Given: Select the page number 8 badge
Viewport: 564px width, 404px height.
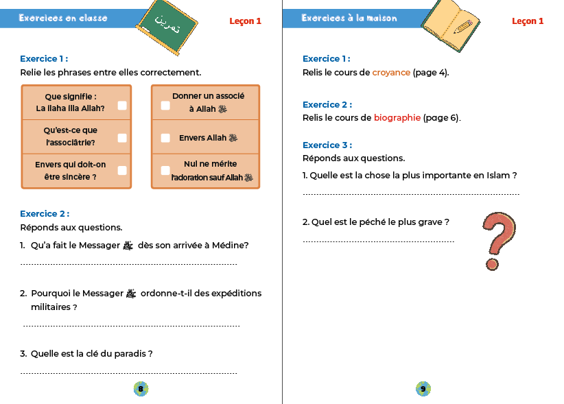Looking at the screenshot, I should [141, 390].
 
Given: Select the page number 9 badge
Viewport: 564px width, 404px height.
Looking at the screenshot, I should [423, 390].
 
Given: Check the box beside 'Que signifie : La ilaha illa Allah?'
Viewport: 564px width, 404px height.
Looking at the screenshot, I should [122, 106].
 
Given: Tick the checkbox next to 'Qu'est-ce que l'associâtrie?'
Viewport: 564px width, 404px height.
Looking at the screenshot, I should [122, 138].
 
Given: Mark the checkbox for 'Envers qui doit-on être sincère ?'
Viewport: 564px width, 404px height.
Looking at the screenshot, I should [122, 170].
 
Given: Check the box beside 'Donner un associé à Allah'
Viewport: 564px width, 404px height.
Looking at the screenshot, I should [165, 106].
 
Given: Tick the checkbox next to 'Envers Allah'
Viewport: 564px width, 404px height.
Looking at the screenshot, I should [165, 138].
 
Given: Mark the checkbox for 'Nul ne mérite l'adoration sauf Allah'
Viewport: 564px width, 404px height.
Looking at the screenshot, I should [165, 170].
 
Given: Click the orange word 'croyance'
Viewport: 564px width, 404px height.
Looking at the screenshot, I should [391, 73].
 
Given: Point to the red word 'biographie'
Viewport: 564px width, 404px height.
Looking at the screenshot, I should [397, 118].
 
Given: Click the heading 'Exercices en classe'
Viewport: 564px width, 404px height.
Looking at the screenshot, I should [63, 18].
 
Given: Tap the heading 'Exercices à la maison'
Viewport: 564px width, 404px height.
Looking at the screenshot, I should [349, 18].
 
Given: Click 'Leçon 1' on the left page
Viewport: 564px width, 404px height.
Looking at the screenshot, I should [245, 21].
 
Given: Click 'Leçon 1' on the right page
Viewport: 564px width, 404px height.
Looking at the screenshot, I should [528, 21].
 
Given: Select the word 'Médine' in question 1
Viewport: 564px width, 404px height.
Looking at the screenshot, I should [230, 246].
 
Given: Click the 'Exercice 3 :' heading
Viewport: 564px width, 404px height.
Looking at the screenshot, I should [327, 145].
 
